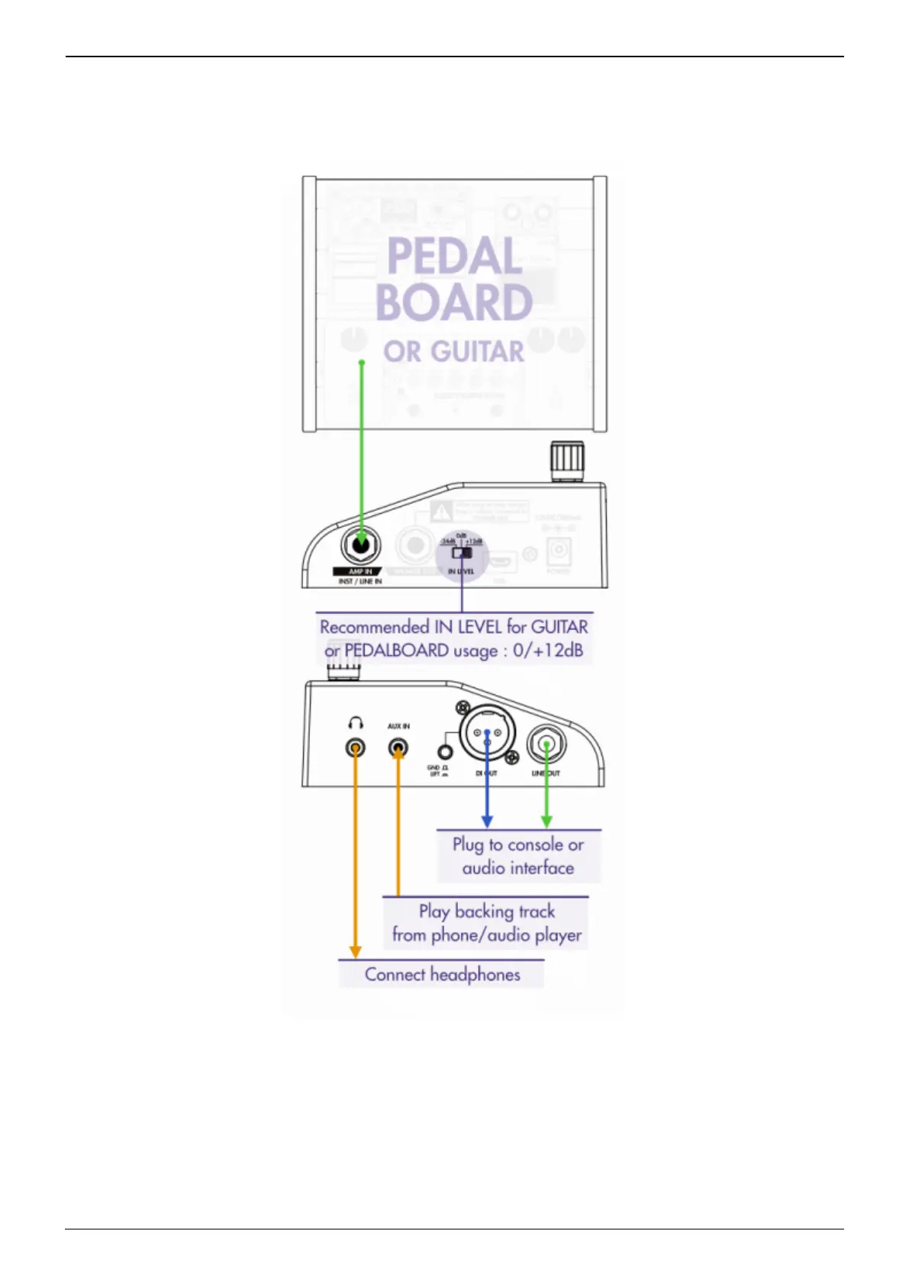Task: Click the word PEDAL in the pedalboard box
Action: (x=454, y=256)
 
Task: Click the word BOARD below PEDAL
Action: (x=454, y=302)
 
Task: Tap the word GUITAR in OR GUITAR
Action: (x=477, y=352)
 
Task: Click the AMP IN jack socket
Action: (x=361, y=545)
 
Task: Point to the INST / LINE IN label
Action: (x=360, y=582)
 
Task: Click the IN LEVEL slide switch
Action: (x=462, y=553)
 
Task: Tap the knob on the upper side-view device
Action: (x=566, y=460)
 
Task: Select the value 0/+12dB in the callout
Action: (x=548, y=651)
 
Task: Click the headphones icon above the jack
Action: (x=355, y=722)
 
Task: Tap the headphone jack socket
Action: (x=355, y=748)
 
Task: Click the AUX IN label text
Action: (x=398, y=726)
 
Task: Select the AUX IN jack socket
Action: (x=398, y=748)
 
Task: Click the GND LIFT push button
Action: (x=445, y=753)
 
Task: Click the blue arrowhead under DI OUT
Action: (x=487, y=822)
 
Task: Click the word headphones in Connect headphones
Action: (x=475, y=975)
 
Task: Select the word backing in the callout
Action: (x=483, y=912)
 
